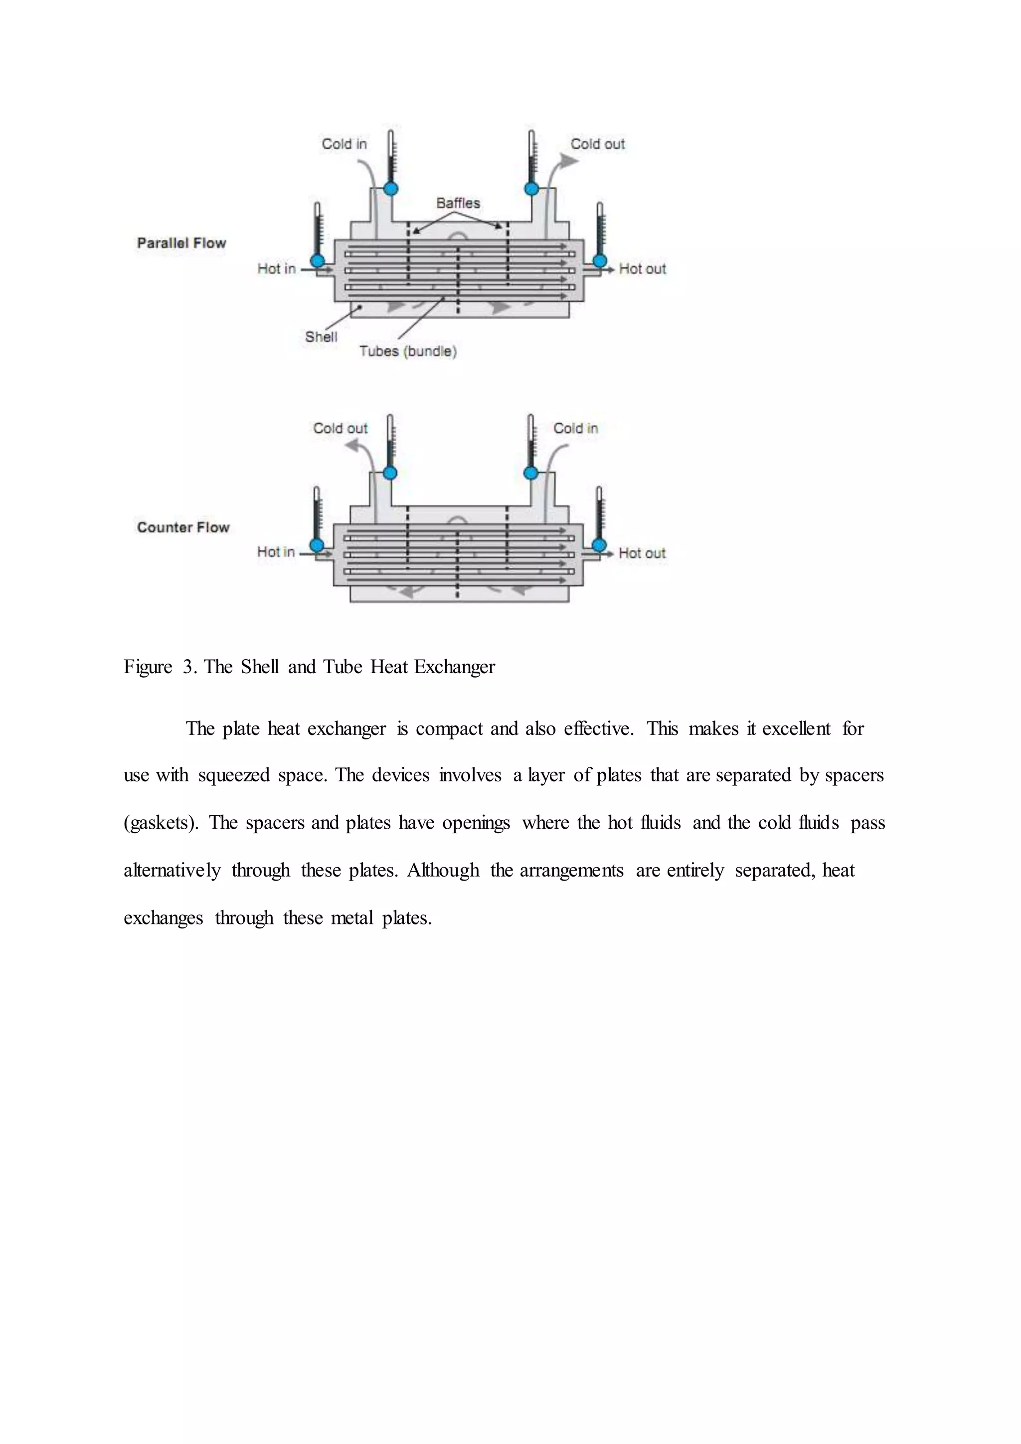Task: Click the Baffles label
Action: (x=458, y=203)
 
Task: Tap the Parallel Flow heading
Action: (x=181, y=243)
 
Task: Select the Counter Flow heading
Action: (x=183, y=528)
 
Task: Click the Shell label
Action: (x=321, y=337)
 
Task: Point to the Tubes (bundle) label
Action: (x=407, y=352)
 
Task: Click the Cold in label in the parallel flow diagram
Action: (x=344, y=144)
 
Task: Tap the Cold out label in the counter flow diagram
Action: (x=340, y=428)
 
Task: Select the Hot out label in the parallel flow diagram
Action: (x=642, y=269)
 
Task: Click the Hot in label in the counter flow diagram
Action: (x=275, y=552)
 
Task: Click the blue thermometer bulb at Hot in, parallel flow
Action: (x=318, y=260)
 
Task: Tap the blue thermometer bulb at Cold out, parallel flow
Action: (x=531, y=188)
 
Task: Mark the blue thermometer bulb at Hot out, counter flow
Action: (x=600, y=544)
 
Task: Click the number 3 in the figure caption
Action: (x=188, y=667)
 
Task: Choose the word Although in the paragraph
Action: (x=443, y=871)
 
